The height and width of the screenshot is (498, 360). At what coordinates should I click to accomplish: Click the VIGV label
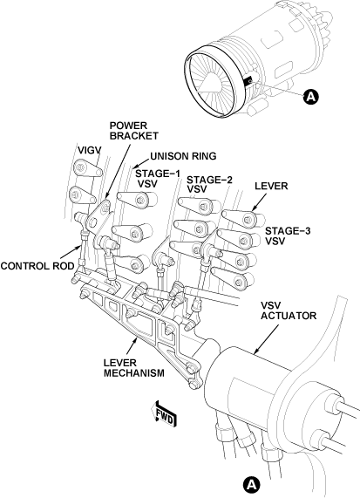[x=89, y=150]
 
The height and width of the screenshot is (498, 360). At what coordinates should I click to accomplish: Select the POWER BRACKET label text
[x=134, y=131]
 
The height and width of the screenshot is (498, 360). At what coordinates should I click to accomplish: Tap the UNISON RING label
[x=183, y=156]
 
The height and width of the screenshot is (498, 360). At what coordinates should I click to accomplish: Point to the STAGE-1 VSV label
[x=158, y=179]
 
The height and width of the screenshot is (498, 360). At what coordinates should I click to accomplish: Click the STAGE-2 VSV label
[x=209, y=185]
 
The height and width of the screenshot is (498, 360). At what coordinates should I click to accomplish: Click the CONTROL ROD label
[x=37, y=266]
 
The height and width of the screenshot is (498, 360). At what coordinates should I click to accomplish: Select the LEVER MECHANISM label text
[x=134, y=368]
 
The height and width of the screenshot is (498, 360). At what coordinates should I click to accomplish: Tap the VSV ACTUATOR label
[x=289, y=310]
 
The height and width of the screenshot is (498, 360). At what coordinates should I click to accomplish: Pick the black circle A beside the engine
[x=311, y=96]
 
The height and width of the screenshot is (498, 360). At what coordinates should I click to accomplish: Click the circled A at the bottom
[x=251, y=485]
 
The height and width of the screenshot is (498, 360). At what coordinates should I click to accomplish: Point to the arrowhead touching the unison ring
[x=135, y=166]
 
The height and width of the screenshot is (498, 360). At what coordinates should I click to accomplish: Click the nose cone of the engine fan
[x=207, y=82]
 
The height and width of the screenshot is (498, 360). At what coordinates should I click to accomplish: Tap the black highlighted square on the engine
[x=248, y=80]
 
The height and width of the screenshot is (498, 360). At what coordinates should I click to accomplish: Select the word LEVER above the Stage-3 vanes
[x=271, y=186]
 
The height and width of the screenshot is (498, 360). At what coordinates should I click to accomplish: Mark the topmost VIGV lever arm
[x=87, y=168]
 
